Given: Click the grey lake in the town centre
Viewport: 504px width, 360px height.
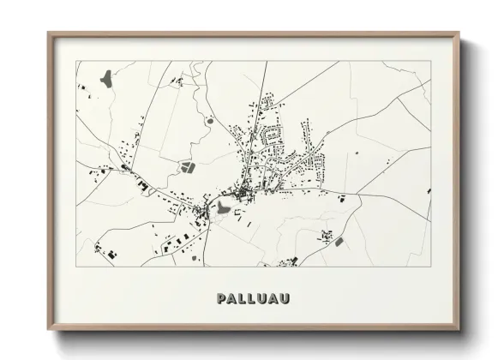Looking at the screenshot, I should [x=222, y=207].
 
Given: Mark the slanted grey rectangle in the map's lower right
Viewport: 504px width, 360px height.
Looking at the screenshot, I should [x=339, y=241].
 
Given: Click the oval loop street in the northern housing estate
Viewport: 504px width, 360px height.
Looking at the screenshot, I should [x=273, y=134].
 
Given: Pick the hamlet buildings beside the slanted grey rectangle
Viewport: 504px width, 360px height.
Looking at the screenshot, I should [x=327, y=234].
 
